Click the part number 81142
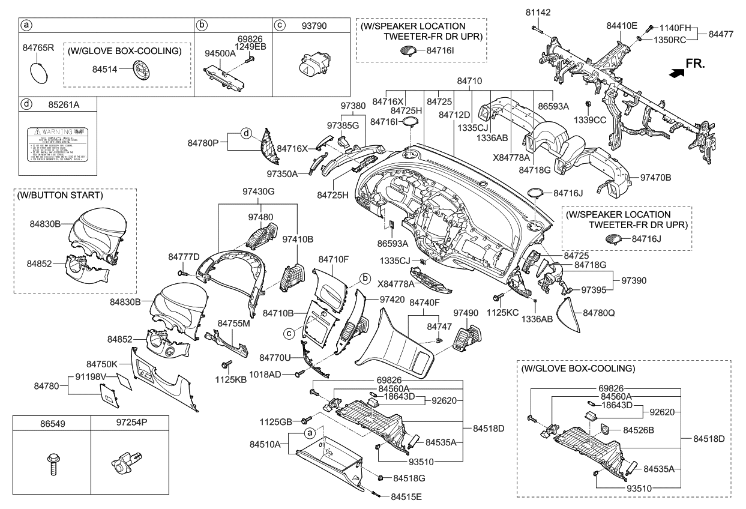(538, 12)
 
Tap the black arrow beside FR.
(676, 73)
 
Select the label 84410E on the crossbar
(621, 26)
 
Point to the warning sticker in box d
(57, 143)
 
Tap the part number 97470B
(656, 178)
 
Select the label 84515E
(406, 496)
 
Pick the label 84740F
(425, 303)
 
